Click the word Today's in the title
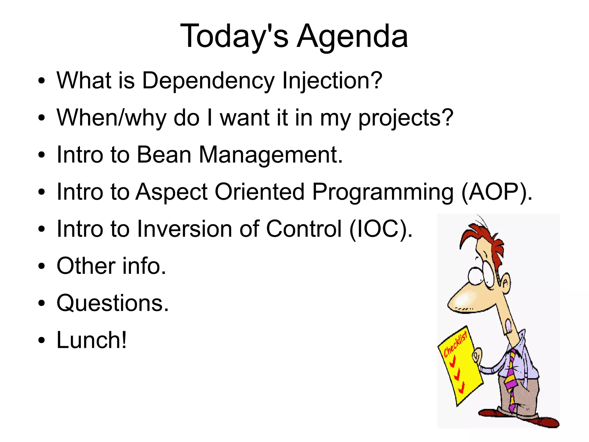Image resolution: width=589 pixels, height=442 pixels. pos(234,37)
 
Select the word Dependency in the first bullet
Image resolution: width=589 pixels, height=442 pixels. pos(208,81)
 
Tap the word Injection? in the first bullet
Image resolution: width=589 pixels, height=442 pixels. pos(332,81)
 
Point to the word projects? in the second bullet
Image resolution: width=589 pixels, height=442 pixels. pos(406,118)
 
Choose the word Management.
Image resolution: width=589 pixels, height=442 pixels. pos(271,155)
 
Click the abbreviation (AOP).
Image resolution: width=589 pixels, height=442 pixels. pos(497,192)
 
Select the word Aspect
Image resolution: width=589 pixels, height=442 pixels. pos(171,192)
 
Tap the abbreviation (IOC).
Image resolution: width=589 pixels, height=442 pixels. pos(381,229)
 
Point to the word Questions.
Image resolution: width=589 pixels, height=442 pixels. pos(112,303)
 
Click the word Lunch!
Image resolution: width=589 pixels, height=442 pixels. pos(91,340)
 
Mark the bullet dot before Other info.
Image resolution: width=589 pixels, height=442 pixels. pos(42,266)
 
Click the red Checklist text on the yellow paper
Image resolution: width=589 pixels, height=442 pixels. pos(455,344)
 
